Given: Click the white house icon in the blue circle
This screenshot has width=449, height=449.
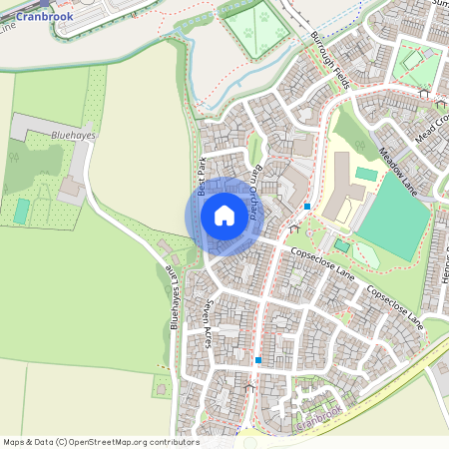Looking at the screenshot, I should tap(224, 215).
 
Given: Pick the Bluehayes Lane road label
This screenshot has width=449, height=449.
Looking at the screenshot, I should tap(172, 298).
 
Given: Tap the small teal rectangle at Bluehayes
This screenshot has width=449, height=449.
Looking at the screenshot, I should tap(22, 211).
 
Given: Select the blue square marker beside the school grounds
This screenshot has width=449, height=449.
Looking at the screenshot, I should tap(307, 207).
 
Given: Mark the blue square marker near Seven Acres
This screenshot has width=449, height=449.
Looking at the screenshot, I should tap(257, 359).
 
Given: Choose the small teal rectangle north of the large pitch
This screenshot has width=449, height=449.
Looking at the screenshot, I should tap(366, 175).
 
